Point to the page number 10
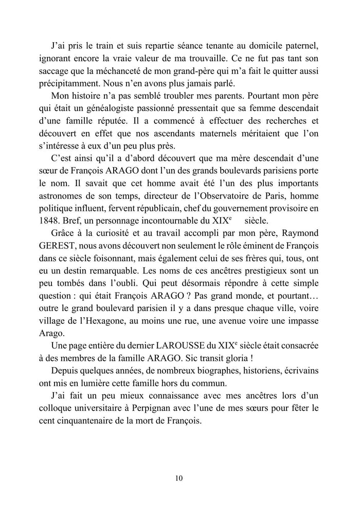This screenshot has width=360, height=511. tap(179, 478)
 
